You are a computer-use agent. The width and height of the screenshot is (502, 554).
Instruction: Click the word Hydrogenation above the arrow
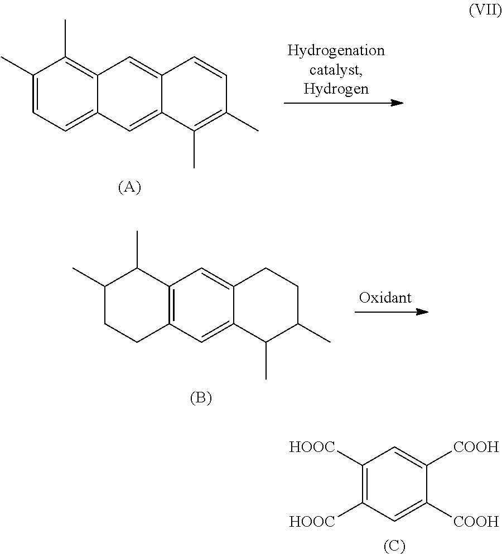pos(336,51)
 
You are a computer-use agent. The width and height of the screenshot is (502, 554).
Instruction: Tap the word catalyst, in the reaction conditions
pos(336,70)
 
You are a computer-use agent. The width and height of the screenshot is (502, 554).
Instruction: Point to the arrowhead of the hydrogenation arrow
pos(397,103)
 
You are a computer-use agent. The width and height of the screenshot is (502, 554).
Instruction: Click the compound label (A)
pos(129,187)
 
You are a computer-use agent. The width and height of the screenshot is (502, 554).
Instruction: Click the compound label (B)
pos(201,397)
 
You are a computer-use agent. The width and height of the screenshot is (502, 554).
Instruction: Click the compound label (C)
pos(394,546)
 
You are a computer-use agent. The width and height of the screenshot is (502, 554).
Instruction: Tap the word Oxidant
pos(385,298)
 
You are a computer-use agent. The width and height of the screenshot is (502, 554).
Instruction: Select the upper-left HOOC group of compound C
pos(312,447)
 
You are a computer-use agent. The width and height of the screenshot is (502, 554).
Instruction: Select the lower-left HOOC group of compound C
pos(312,522)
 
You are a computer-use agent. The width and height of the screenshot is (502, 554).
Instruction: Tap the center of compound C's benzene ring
pos(394,484)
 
